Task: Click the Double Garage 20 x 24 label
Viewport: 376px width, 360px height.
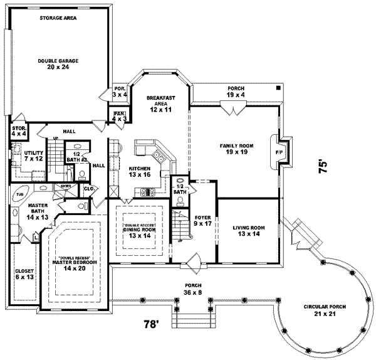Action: (x=58, y=63)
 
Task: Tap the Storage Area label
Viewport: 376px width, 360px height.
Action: (x=58, y=19)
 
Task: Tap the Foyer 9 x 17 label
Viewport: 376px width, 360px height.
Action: (x=202, y=220)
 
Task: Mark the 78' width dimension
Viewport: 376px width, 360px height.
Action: (x=151, y=325)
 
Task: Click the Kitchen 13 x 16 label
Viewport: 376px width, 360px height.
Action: (x=140, y=172)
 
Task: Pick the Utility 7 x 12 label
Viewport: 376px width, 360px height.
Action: (x=33, y=156)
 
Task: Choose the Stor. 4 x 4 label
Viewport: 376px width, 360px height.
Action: (x=18, y=131)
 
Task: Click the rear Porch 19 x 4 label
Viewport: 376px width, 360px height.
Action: (x=236, y=92)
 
